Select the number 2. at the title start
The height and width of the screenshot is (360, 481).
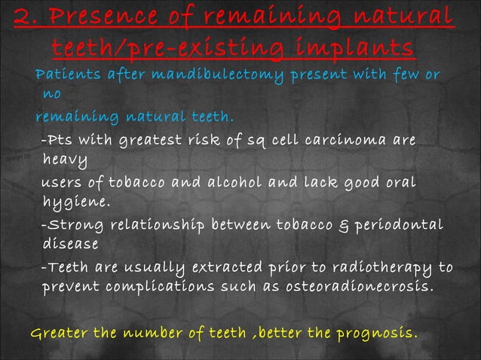tap(27, 17)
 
